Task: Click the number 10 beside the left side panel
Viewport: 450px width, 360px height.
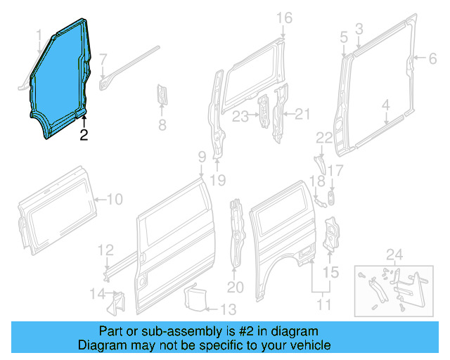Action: click(x=114, y=200)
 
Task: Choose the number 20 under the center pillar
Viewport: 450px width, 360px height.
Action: click(x=235, y=288)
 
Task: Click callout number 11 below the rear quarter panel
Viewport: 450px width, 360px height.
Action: click(x=323, y=305)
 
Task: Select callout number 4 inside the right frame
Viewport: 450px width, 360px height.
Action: click(x=385, y=105)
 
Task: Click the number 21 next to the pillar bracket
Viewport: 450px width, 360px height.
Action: click(x=302, y=114)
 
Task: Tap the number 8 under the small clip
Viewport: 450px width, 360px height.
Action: click(x=162, y=127)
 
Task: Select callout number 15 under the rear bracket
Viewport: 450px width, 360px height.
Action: click(x=330, y=271)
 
